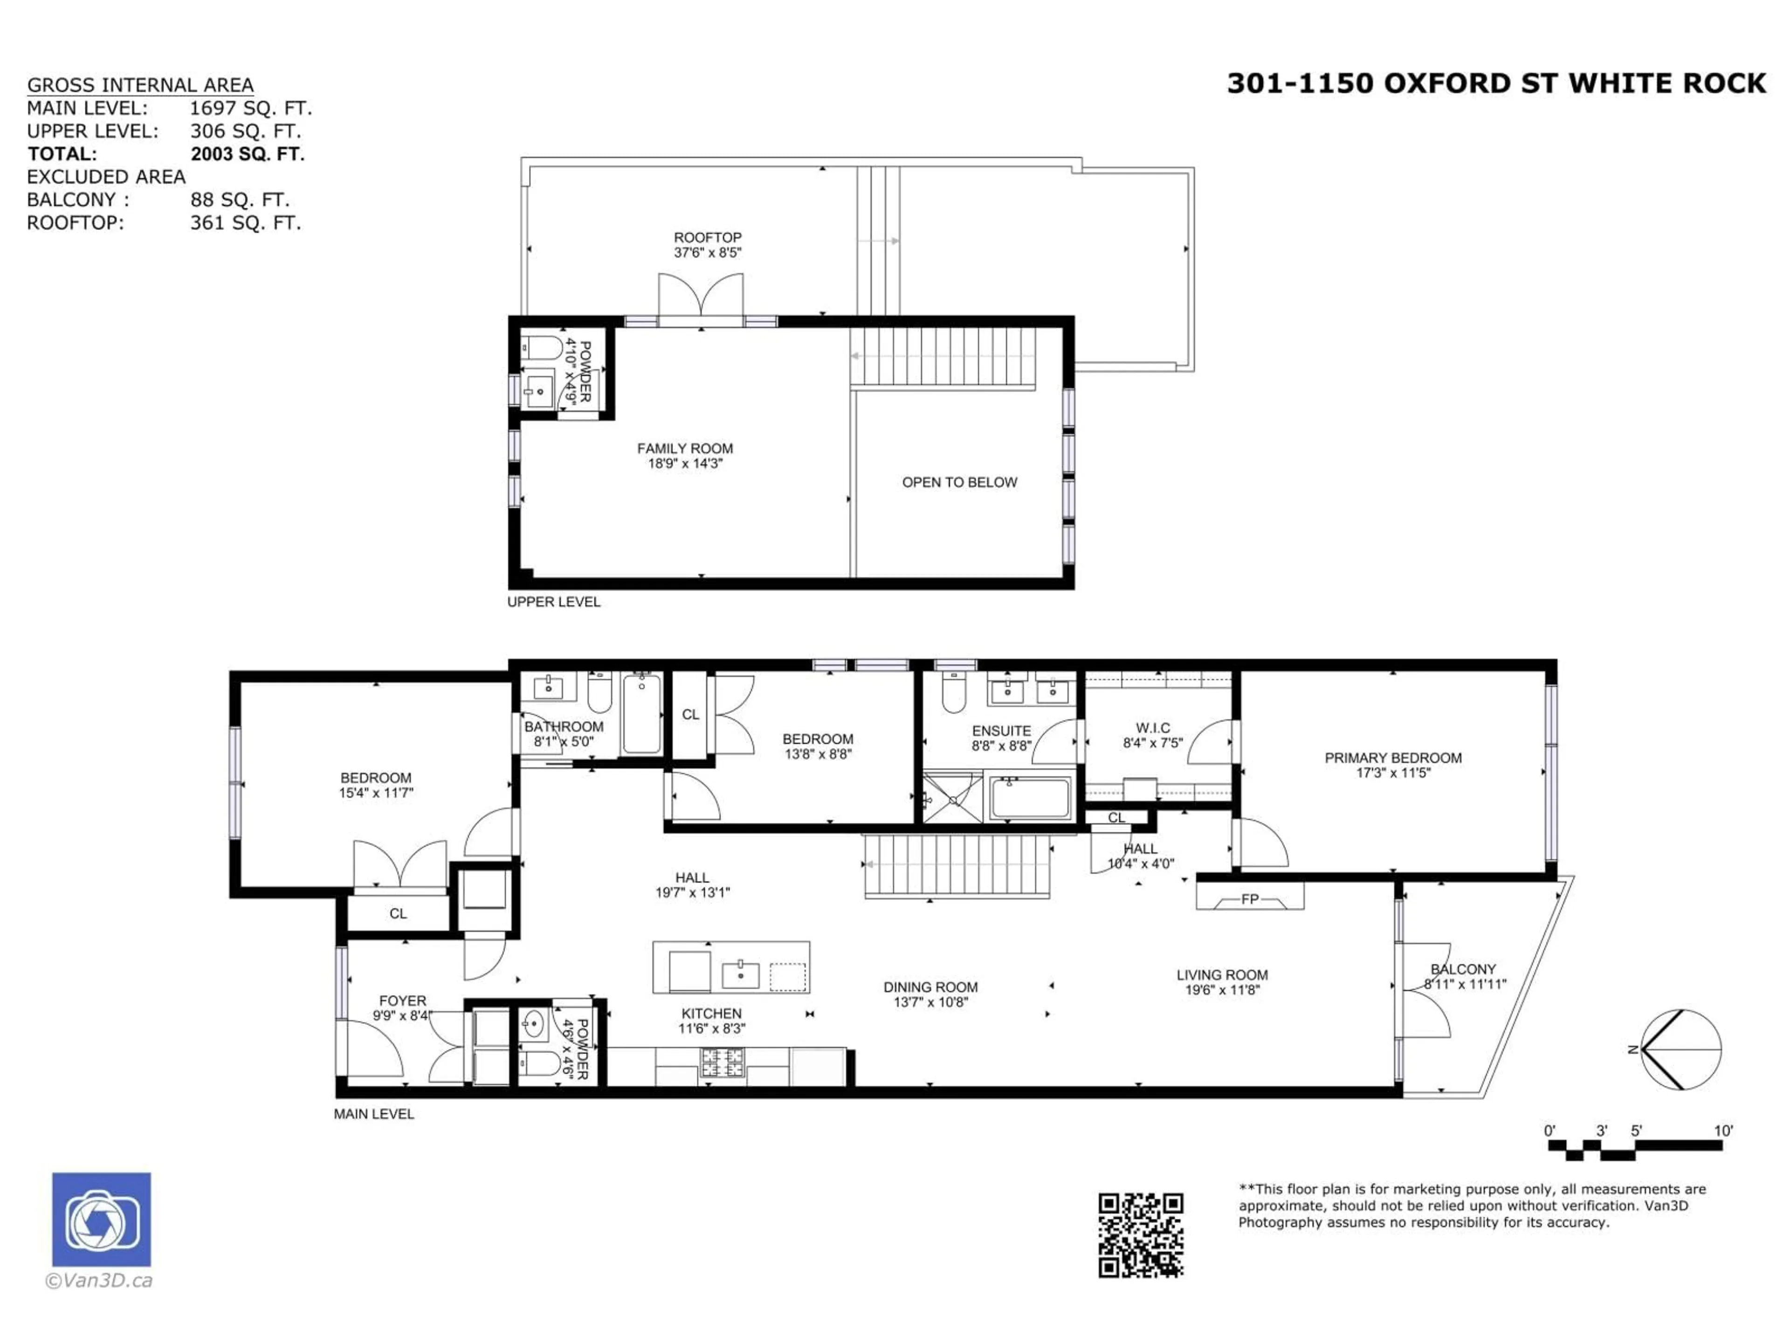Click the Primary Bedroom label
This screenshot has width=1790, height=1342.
click(x=1393, y=758)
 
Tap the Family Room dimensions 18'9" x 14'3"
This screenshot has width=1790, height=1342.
click(x=685, y=464)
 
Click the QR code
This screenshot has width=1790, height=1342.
click(x=1140, y=1235)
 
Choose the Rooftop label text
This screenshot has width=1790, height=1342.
click(x=707, y=237)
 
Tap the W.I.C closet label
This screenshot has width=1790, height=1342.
click(x=1152, y=728)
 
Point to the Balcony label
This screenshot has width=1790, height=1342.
click(x=1463, y=969)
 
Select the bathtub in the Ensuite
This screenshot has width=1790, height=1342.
click(x=1029, y=798)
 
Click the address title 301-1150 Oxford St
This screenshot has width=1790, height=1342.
click(x=1495, y=83)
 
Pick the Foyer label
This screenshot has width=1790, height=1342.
click(x=402, y=1000)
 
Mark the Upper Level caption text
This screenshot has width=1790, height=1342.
click(x=553, y=602)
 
